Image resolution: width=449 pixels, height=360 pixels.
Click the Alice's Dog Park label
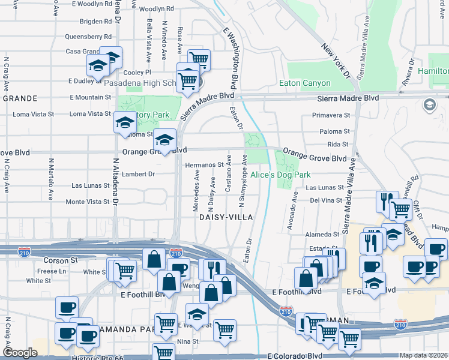pos(280,175)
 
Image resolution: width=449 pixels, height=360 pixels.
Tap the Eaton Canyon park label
pos(305,83)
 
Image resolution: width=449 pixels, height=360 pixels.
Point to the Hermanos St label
pos(204,164)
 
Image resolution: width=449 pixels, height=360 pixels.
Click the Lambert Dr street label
pos(139,174)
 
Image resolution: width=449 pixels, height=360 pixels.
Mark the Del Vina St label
pos(326,200)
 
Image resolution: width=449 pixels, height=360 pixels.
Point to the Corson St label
pos(61,261)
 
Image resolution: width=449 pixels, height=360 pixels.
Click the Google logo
pos(20,353)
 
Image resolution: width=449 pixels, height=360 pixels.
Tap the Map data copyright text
pos(423,355)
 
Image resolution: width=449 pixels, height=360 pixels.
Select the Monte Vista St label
pos(83,202)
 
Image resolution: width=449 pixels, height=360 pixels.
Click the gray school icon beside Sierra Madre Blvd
pos(429,105)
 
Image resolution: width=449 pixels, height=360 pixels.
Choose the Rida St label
pos(339,145)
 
